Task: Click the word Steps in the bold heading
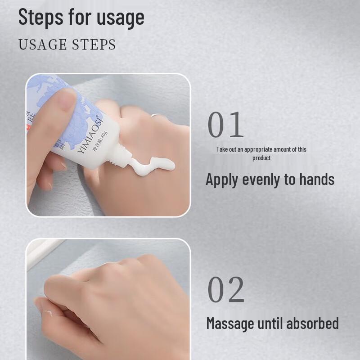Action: coord(40,18)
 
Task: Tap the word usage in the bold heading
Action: coord(120,18)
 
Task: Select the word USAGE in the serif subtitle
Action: coord(41,45)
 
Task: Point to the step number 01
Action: coord(225,126)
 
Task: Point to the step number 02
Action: coord(226,290)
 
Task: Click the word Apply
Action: coord(222,180)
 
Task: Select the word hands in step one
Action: coord(315,179)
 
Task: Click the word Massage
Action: coord(229,323)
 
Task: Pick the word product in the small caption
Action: coord(261,158)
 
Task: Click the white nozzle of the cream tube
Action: coord(121,158)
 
